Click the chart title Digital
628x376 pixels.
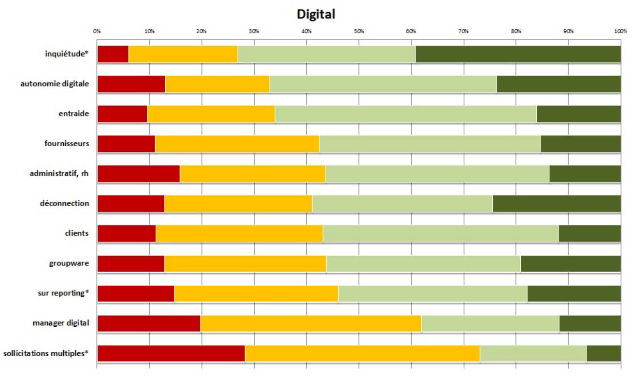pos(316,14)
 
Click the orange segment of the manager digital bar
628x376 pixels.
pos(311,323)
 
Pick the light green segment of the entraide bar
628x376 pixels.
pos(405,114)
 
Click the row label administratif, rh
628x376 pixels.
pos(59,173)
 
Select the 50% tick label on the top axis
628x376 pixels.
pos(359,31)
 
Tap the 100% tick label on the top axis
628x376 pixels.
pos(620,31)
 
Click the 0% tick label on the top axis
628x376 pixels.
pos(97,31)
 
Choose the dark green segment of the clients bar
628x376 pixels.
pos(589,234)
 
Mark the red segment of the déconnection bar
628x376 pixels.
pos(131,204)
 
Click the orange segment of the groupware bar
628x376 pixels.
pos(245,264)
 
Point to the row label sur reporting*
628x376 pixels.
pos(63,293)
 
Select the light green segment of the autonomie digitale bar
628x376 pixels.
pos(383,84)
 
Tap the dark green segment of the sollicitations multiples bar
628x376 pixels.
pos(603,353)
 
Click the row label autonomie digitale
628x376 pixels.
pos(55,84)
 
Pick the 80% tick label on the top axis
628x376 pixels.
pos(516,31)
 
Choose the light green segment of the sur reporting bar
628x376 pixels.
pos(432,293)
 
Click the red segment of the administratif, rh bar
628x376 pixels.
pos(138,174)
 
